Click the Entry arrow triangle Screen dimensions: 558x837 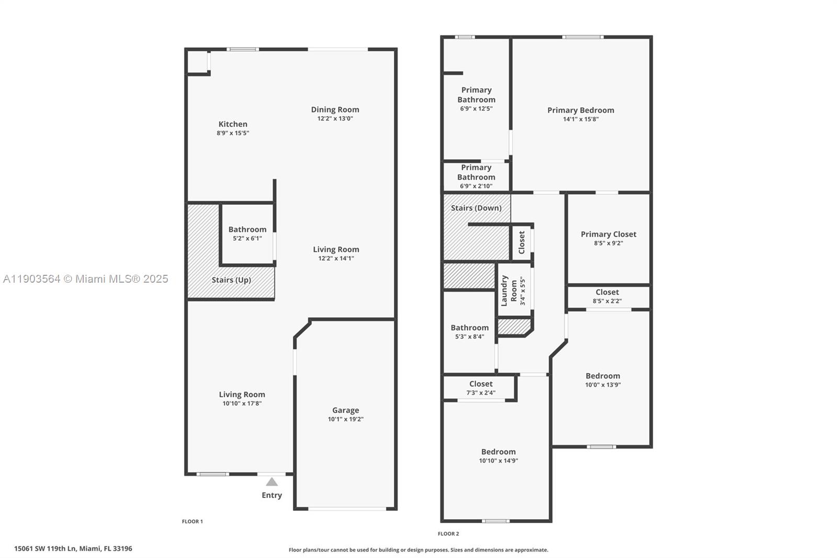tap(272, 482)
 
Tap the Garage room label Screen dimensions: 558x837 tap(345, 410)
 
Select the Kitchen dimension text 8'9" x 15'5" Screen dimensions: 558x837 tap(233, 133)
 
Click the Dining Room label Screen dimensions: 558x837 tap(335, 109)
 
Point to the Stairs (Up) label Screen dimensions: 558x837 tap(231, 280)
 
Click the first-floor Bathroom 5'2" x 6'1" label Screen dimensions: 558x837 tap(247, 229)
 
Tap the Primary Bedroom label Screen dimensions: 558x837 tap(581, 110)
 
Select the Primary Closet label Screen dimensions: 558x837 tap(608, 234)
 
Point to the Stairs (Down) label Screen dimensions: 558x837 tap(476, 208)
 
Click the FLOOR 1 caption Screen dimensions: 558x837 tap(192, 521)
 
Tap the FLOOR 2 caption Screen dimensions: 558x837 tap(448, 534)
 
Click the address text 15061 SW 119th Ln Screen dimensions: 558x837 tap(73, 549)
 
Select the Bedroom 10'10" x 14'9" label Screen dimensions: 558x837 tap(498, 452)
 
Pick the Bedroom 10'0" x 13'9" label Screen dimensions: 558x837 tap(603, 376)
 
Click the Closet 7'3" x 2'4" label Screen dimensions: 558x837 tap(481, 384)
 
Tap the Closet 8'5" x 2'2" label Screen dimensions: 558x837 tap(607, 292)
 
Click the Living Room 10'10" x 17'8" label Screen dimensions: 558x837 tap(242, 395)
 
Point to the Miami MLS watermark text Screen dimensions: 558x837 tap(85, 279)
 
